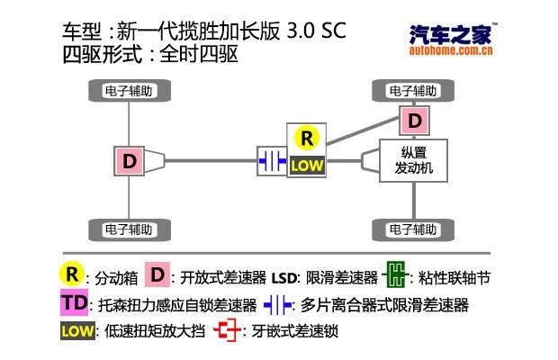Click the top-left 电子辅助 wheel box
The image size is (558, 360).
point(130,90)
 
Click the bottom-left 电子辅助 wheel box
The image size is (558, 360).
point(130,227)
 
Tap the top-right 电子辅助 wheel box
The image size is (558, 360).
point(413,90)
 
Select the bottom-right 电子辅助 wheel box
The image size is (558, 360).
point(413,227)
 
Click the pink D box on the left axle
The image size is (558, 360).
point(130,161)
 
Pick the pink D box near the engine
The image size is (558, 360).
point(414,120)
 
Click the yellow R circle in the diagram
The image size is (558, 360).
point(307,139)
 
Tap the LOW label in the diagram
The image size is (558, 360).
point(307,166)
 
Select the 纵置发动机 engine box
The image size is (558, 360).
point(414,160)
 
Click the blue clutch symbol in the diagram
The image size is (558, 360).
point(271,160)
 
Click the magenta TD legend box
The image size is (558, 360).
point(76,303)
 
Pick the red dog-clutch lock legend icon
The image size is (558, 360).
point(228,331)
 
